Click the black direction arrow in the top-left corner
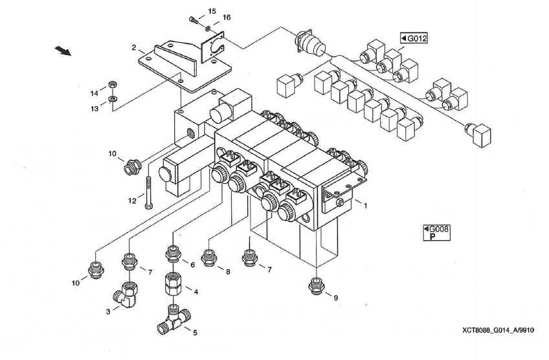(63, 50)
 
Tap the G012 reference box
(414, 38)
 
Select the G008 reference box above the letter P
(436, 229)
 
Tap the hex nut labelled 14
(112, 84)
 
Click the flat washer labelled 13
(113, 99)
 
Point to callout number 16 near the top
(227, 17)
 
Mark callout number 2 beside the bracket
(133, 48)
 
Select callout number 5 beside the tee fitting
(195, 333)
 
